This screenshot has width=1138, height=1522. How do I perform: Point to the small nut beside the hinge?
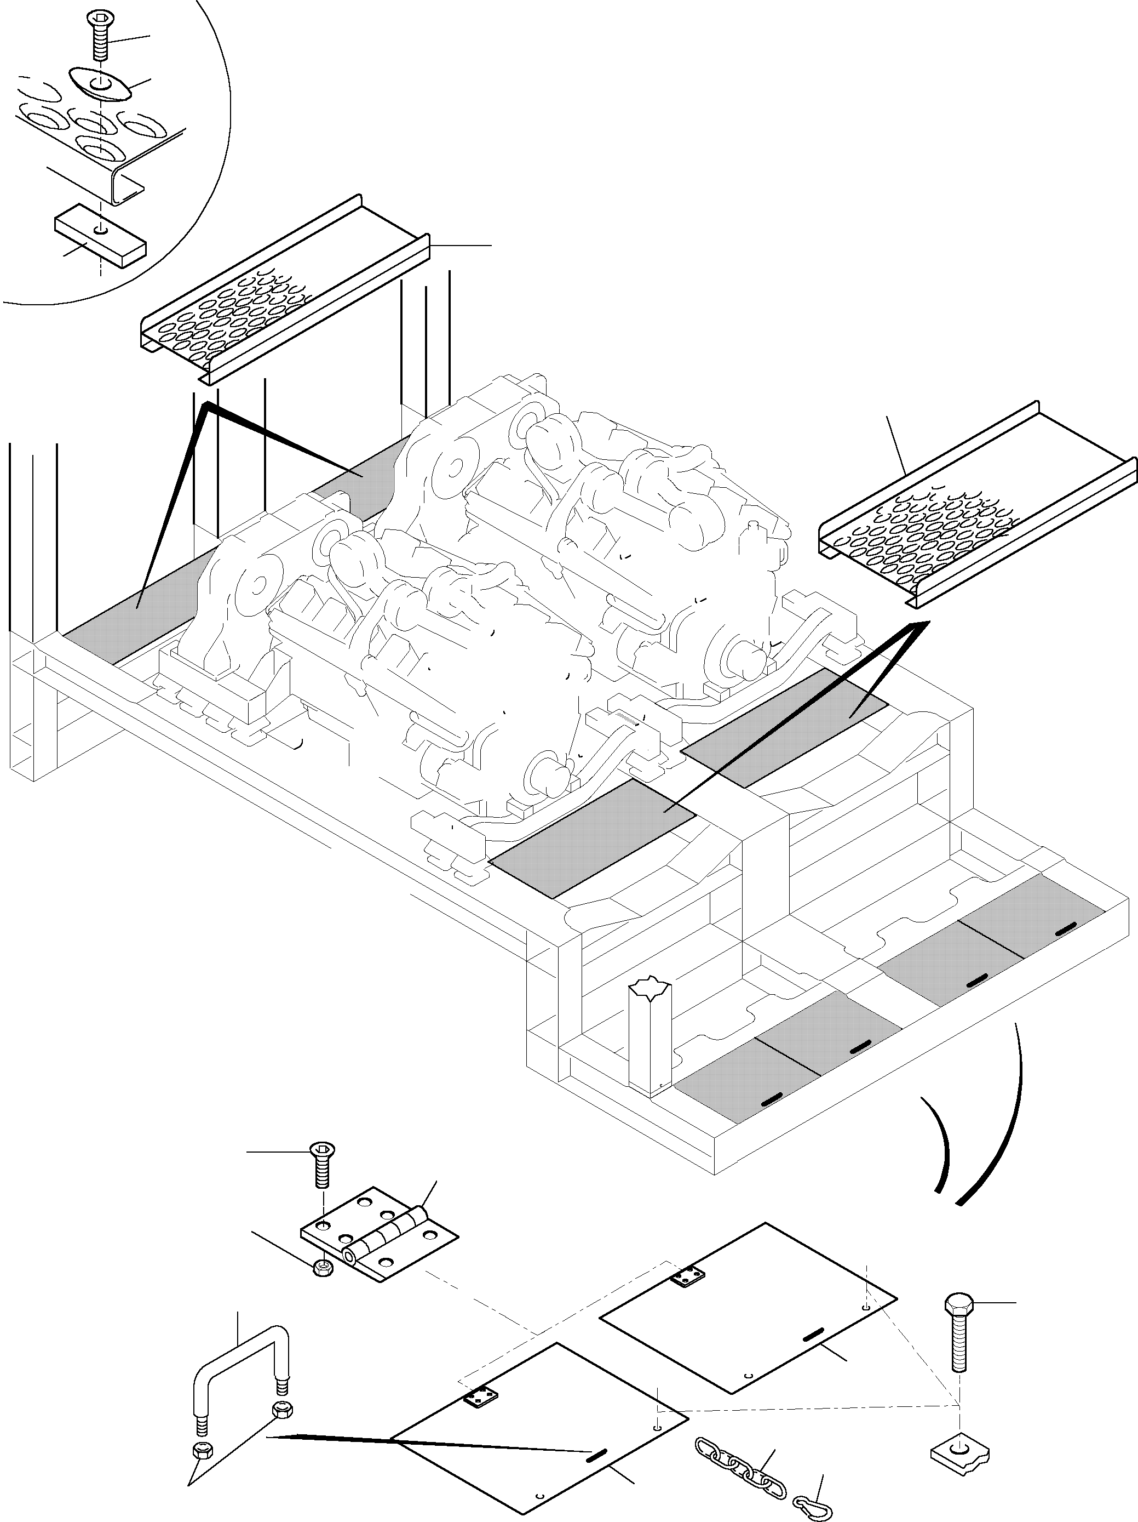tap(322, 1267)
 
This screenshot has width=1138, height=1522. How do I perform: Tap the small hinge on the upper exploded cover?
tap(689, 1276)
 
